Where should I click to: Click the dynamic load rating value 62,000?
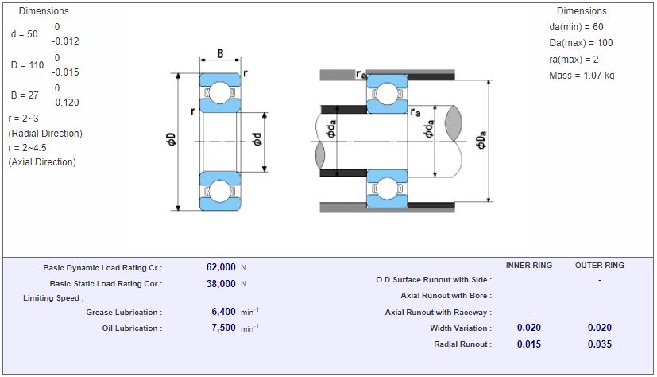pyautogui.click(x=221, y=267)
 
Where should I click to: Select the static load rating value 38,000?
pyautogui.click(x=221, y=283)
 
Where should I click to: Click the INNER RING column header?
pyautogui.click(x=529, y=265)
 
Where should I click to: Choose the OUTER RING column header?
pyautogui.click(x=600, y=265)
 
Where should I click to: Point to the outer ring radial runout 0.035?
pyautogui.click(x=600, y=344)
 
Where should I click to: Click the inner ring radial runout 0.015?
pyautogui.click(x=529, y=344)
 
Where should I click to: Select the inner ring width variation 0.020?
pyautogui.click(x=529, y=328)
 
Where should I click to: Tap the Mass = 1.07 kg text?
pyautogui.click(x=582, y=76)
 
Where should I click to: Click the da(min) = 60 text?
pyautogui.click(x=576, y=26)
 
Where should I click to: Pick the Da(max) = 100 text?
pyautogui.click(x=581, y=43)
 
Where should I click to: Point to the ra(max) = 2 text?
pyautogui.click(x=574, y=60)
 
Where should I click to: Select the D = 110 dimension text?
pyautogui.click(x=28, y=65)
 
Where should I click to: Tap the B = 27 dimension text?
pyautogui.click(x=25, y=95)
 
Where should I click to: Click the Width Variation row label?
pyautogui.click(x=460, y=328)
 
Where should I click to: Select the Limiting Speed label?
pyautogui.click(x=53, y=298)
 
